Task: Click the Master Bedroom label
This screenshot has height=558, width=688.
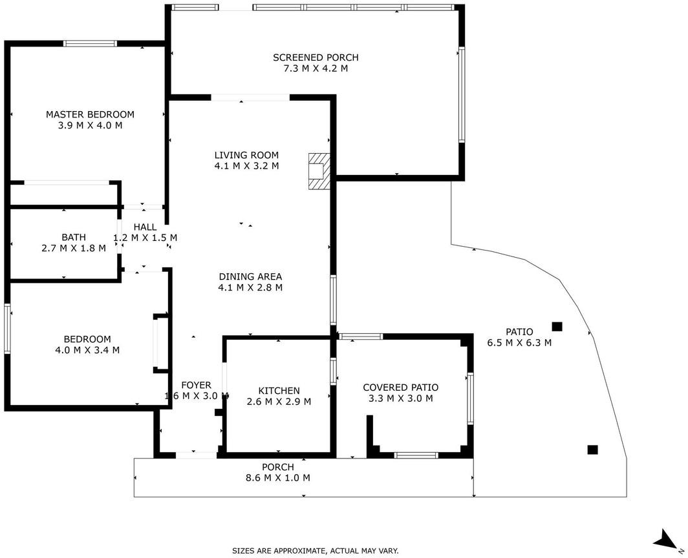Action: pyautogui.click(x=90, y=114)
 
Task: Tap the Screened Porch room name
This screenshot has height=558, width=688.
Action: pyautogui.click(x=316, y=57)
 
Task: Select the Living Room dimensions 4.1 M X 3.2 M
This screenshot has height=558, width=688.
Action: pyautogui.click(x=246, y=166)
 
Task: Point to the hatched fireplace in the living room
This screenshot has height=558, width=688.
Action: pyautogui.click(x=319, y=171)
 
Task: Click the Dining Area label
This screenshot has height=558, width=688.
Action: pyautogui.click(x=250, y=276)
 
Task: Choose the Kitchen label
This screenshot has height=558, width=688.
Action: pyautogui.click(x=279, y=391)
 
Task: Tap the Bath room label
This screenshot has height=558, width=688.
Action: pyautogui.click(x=74, y=237)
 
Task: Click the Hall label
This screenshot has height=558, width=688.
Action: pyautogui.click(x=145, y=227)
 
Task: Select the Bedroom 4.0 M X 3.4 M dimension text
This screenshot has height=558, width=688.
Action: pyautogui.click(x=87, y=350)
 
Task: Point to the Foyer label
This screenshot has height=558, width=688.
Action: pyautogui.click(x=196, y=386)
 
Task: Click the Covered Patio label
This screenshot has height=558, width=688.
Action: pyautogui.click(x=401, y=387)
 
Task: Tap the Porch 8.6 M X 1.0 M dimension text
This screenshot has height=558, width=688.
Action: pyautogui.click(x=278, y=478)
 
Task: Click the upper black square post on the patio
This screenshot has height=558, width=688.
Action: pyautogui.click(x=557, y=327)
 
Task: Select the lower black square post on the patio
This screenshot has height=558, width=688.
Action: pyautogui.click(x=593, y=449)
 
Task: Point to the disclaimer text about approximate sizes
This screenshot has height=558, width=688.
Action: pyautogui.click(x=316, y=550)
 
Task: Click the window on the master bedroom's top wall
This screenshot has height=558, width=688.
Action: pyautogui.click(x=91, y=43)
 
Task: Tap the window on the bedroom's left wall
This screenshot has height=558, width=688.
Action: pyautogui.click(x=7, y=329)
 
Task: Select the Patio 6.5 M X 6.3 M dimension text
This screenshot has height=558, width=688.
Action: pyautogui.click(x=519, y=343)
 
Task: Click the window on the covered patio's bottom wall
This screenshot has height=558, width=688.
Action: pyautogui.click(x=416, y=455)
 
